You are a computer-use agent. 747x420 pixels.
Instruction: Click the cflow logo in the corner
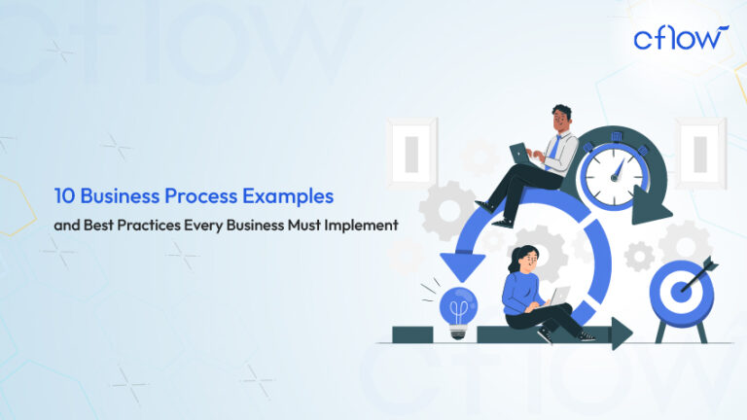coord(680,38)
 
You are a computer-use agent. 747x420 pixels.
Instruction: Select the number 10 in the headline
coord(64,196)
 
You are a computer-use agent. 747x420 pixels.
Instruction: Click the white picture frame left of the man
coord(409,152)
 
